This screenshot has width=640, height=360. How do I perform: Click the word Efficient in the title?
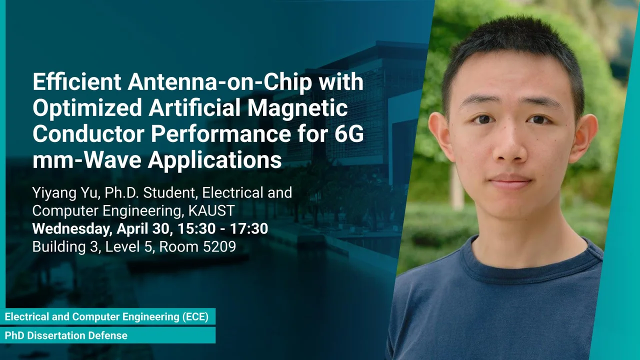(77, 81)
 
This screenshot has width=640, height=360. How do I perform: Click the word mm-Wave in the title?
(87, 160)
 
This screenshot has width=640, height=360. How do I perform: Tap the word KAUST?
(211, 211)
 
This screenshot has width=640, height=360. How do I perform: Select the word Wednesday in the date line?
(72, 229)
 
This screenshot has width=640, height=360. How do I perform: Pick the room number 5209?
(219, 246)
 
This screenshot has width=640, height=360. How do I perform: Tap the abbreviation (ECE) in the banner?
(195, 317)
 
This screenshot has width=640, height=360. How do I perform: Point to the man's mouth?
(510, 181)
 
